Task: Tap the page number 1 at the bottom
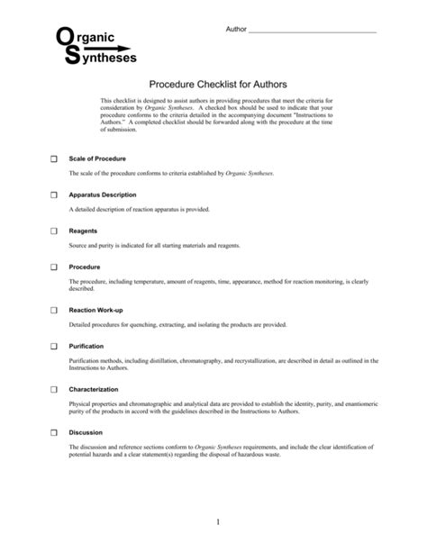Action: pos(217,523)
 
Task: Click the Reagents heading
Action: pos(83,231)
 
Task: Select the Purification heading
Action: pos(86,346)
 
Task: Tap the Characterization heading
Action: pos(94,389)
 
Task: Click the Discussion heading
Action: pos(86,432)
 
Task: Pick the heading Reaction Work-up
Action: pos(95,309)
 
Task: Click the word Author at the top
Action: pos(233,31)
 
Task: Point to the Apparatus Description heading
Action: pos(103,195)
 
